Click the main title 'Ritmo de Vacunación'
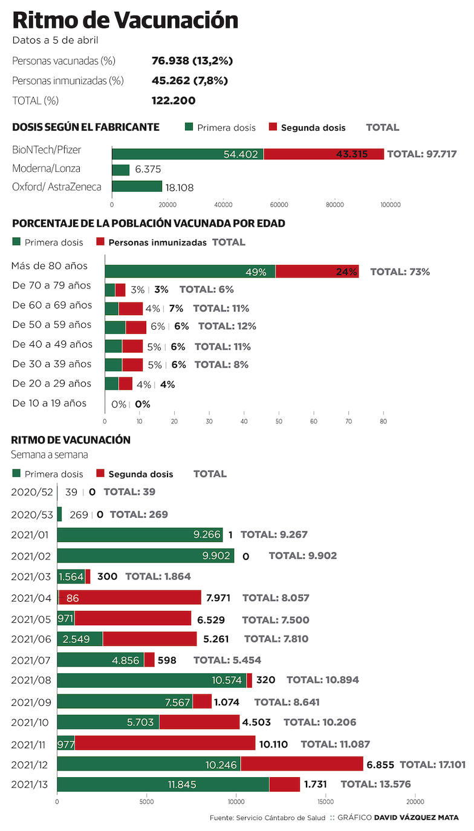tap(125, 21)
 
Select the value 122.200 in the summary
tap(174, 100)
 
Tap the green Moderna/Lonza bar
tap(121, 170)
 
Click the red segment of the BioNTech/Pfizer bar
tap(323, 154)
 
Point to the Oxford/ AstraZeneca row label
tap(57, 187)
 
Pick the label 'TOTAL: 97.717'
tap(421, 154)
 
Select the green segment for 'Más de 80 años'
tap(190, 272)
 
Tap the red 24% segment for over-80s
tap(317, 272)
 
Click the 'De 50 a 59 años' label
tap(52, 325)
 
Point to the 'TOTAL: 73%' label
tap(400, 272)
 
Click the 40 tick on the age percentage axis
tap(244, 421)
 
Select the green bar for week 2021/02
tap(145, 555)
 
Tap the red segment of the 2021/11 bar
tap(164, 743)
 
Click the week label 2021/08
tap(32, 680)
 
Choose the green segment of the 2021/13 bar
tap(163, 784)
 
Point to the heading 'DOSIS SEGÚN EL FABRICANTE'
tap(86, 127)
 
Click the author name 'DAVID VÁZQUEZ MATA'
tap(416, 818)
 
